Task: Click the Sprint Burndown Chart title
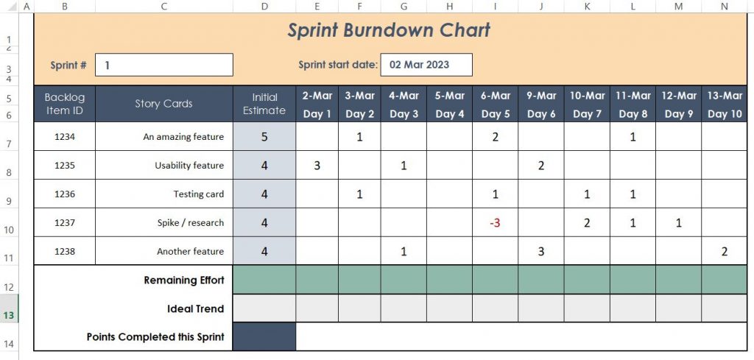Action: click(x=388, y=31)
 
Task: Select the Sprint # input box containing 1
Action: click(x=164, y=65)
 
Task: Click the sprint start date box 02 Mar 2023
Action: click(x=426, y=65)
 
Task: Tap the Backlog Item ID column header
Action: click(x=65, y=104)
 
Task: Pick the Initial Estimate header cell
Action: click(x=264, y=104)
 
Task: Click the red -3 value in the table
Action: click(x=496, y=223)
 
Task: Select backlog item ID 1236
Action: click(x=65, y=194)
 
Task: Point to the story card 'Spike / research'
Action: click(x=190, y=223)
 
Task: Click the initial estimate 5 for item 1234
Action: click(x=264, y=137)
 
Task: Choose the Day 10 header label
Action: click(x=725, y=114)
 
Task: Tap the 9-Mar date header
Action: click(x=541, y=96)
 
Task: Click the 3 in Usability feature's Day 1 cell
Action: click(x=317, y=166)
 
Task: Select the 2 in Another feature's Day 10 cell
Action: click(x=725, y=252)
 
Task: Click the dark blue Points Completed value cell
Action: click(x=264, y=337)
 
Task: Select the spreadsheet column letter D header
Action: click(x=264, y=7)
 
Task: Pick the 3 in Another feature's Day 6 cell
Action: click(x=541, y=252)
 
